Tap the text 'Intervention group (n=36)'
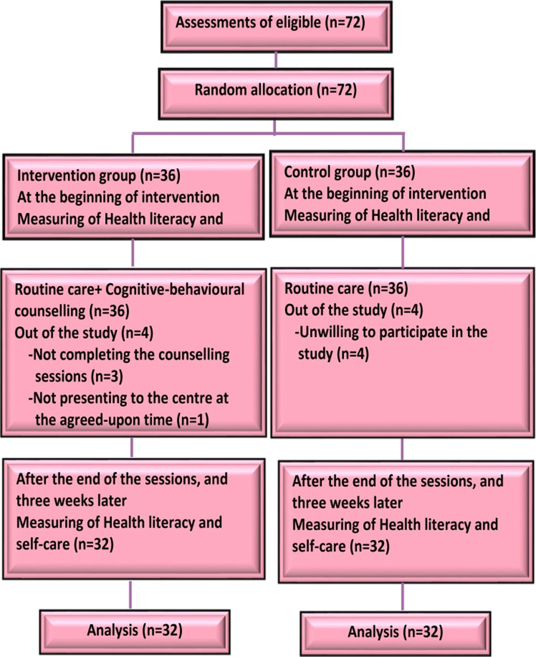pyautogui.click(x=99, y=176)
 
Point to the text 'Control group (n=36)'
pyautogui.click(x=349, y=172)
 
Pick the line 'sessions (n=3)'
pyautogui.click(x=79, y=376)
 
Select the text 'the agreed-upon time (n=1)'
pyautogui.click(x=121, y=420)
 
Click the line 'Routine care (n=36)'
pyautogui.click(x=346, y=288)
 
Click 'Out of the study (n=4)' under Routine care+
pyautogui.click(x=84, y=333)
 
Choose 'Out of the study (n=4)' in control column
pyautogui.click(x=354, y=310)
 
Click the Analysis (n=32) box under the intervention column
pyautogui.click(x=135, y=630)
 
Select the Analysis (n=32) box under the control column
pyautogui.click(x=395, y=631)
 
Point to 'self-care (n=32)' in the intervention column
pyautogui.click(x=65, y=545)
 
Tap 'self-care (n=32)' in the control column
pyautogui.click(x=341, y=547)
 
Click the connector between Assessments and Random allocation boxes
pyautogui.click(x=276, y=60)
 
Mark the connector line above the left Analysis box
pyautogui.click(x=130, y=594)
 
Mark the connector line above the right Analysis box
pyautogui.click(x=403, y=597)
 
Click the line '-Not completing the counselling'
pyautogui.click(x=129, y=355)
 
